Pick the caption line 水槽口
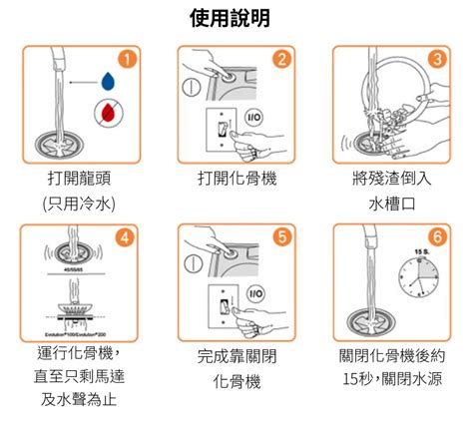[392, 205]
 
